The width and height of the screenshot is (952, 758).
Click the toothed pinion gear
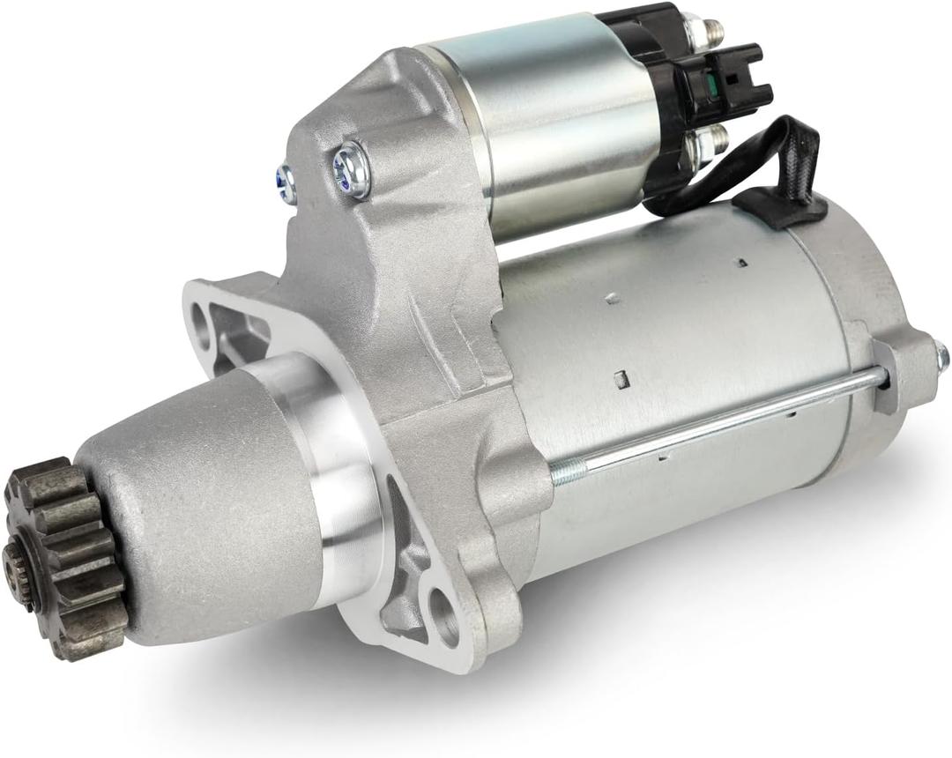click(x=66, y=555)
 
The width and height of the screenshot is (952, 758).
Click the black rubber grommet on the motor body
click(x=780, y=208)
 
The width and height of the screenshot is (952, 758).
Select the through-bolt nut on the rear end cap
click(x=941, y=356)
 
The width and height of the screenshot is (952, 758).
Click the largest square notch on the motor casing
click(x=621, y=379)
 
